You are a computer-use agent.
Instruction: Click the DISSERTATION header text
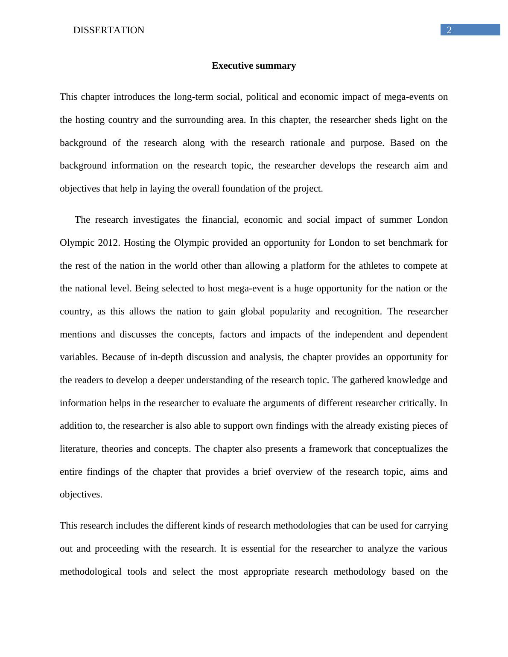[x=109, y=30]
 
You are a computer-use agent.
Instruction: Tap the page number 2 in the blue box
[x=449, y=30]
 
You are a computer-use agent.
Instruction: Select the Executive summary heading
[x=254, y=66]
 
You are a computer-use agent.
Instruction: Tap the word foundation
[x=244, y=189]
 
